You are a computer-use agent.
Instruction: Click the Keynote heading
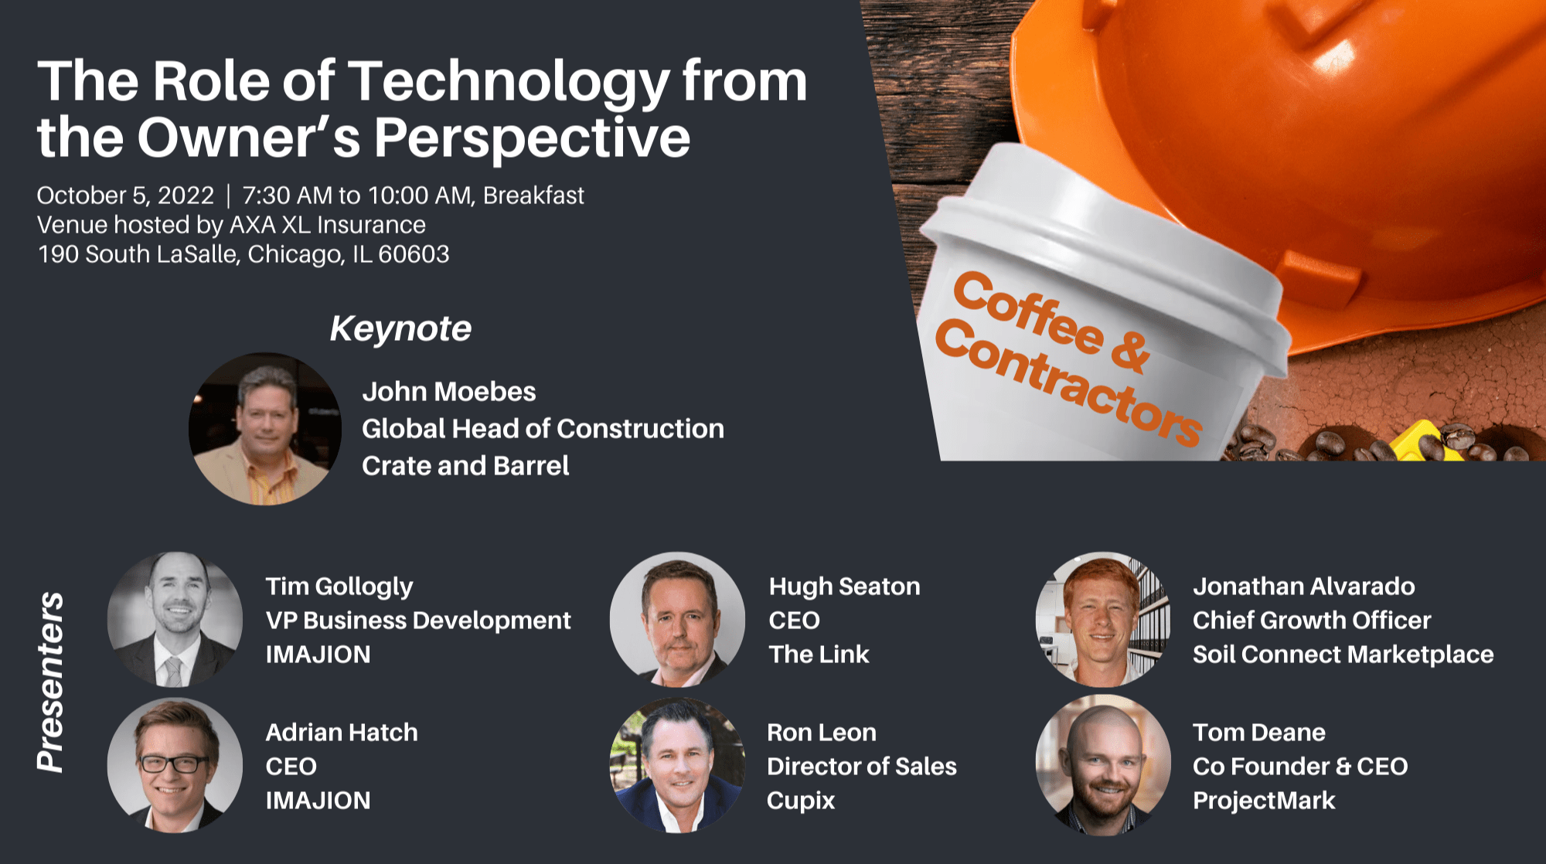(400, 328)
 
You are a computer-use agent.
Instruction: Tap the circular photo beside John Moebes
(265, 429)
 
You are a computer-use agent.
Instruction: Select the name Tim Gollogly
(339, 587)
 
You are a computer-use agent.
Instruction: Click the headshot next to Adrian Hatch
(175, 765)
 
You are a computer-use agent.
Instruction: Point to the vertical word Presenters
(51, 682)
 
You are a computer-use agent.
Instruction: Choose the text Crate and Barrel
(465, 466)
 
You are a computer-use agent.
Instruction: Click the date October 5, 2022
(125, 196)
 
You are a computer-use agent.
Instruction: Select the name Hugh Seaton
(844, 587)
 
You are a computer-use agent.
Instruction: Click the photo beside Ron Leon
(677, 765)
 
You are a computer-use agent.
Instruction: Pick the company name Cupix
(801, 801)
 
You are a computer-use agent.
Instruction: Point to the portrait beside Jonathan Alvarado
(1103, 619)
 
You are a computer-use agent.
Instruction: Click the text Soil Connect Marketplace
(1343, 655)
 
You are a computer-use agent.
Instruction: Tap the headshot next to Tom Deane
(1103, 765)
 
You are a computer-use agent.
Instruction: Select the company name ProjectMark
(1264, 801)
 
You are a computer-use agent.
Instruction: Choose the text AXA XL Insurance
(328, 225)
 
